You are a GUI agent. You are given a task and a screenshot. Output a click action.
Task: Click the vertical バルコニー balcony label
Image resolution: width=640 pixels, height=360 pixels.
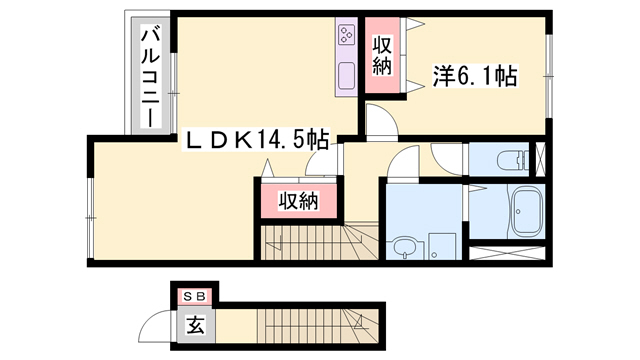pyautogui.click(x=148, y=75)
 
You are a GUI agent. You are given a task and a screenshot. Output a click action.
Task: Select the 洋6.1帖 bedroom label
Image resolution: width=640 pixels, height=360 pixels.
pyautogui.click(x=474, y=74)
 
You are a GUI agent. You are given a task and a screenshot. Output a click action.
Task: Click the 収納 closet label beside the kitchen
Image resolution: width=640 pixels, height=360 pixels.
pyautogui.click(x=381, y=56)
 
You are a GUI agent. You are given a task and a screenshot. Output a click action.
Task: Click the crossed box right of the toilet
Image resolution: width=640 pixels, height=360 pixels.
pyautogui.click(x=541, y=159)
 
